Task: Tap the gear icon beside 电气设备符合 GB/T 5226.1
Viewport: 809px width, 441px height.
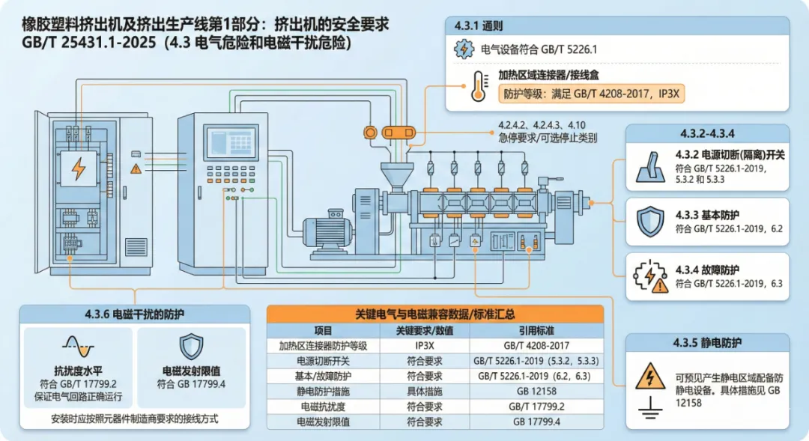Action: click(464, 50)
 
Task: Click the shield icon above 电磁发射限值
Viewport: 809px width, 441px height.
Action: click(191, 346)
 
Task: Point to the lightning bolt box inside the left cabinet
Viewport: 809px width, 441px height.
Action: click(78, 170)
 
